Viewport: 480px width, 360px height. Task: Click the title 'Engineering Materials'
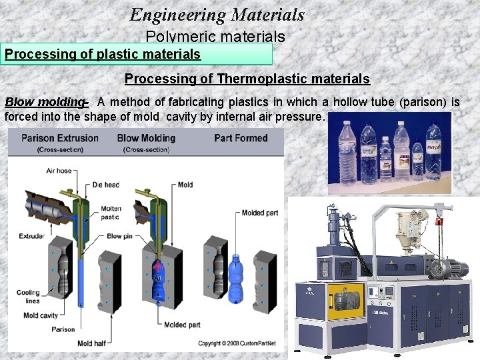217,14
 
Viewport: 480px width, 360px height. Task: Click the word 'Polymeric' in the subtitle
175,37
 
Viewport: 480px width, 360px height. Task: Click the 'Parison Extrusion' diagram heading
60,139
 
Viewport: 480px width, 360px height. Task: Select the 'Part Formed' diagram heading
241,139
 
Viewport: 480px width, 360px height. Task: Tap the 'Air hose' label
59,171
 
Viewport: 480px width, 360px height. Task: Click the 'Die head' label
106,185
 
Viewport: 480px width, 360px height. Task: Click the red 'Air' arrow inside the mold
158,269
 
